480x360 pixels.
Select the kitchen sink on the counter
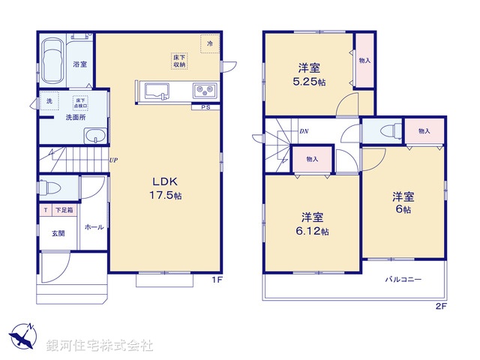158,91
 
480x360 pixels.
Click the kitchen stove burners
202,91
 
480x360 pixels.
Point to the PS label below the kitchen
205,108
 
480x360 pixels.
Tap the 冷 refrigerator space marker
210,44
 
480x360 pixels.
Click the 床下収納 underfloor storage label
180,61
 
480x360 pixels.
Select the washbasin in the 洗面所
95,136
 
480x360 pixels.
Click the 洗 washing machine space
49,101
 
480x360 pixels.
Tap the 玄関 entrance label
58,233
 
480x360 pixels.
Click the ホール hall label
93,226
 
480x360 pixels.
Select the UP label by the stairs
112,160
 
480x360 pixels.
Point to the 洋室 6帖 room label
403,202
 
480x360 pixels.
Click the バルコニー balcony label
403,279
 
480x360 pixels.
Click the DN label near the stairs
304,132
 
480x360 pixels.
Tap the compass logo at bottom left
22,335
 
